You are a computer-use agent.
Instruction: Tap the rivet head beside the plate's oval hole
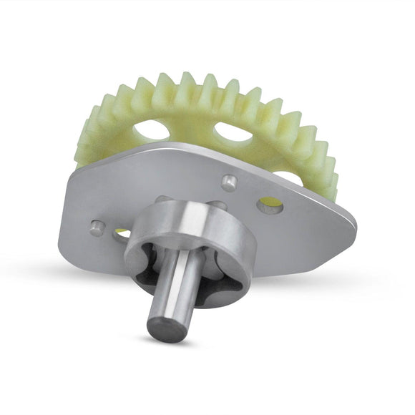[x=229, y=182]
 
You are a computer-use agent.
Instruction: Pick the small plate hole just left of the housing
[x=122, y=234]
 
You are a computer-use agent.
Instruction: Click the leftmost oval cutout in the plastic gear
[x=152, y=130]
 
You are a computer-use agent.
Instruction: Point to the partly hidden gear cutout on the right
[x=290, y=175]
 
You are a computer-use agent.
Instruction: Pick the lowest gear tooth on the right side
[x=331, y=190]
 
